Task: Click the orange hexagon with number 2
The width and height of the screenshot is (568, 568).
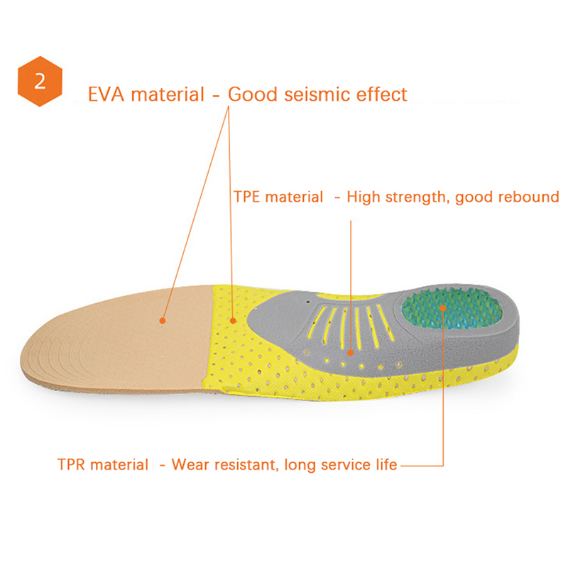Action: coord(40,81)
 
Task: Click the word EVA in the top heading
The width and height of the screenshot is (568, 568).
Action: coord(106,94)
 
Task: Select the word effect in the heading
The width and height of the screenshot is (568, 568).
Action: coord(381,94)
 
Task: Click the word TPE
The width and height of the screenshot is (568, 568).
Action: coord(246,197)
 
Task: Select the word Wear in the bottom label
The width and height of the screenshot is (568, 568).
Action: coord(190,465)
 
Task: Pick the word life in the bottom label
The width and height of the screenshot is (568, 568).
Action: coord(386,464)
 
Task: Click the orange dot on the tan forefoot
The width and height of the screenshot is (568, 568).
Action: coord(163,321)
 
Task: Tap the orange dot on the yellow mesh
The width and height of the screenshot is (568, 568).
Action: coord(234,321)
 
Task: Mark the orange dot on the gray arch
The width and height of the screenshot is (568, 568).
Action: coord(350,352)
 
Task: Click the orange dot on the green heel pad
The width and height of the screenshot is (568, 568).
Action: coord(442,308)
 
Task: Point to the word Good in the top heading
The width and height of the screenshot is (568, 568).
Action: coord(253,94)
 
